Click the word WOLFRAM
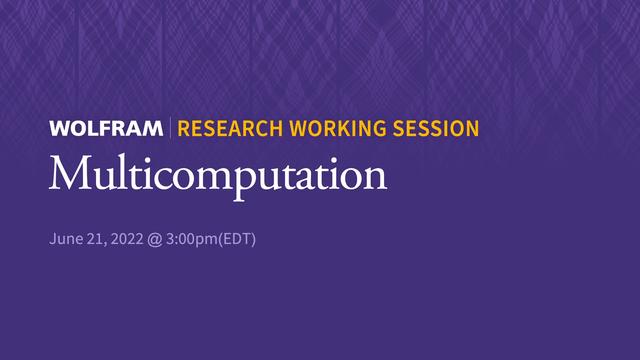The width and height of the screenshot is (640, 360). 106,129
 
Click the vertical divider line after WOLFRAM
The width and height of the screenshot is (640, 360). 171,129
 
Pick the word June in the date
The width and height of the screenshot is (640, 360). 65,240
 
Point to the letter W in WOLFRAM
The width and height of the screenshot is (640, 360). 59,129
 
